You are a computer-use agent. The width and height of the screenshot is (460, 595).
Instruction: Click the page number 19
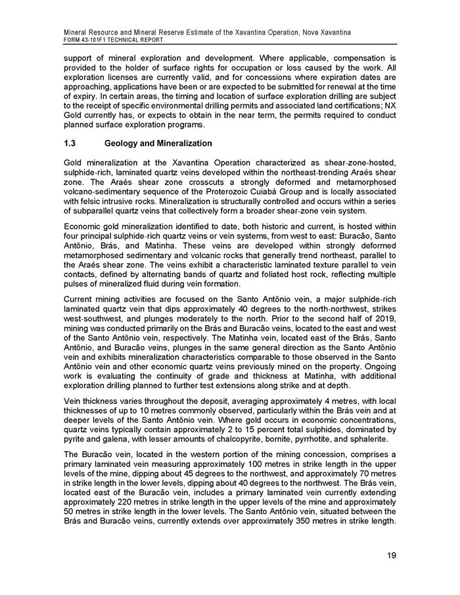point(391,556)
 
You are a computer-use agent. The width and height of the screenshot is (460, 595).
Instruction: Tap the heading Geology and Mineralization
point(158,143)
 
